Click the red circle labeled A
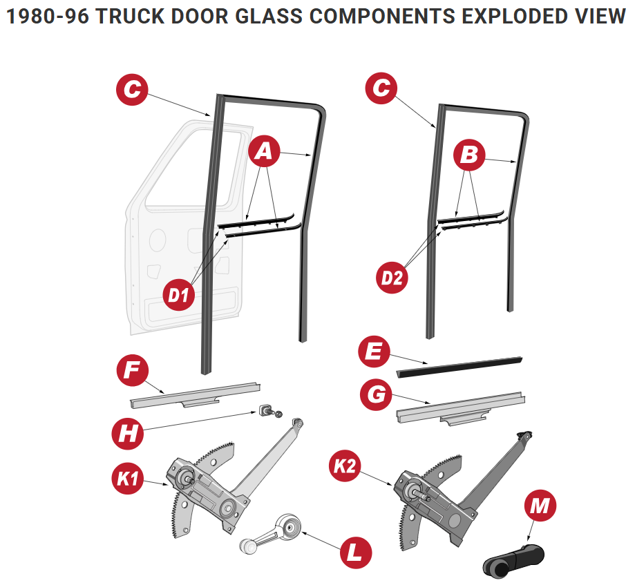click(264, 153)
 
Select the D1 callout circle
click(179, 296)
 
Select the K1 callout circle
click(127, 479)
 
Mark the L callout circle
click(355, 552)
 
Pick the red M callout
click(540, 507)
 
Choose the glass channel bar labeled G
click(460, 407)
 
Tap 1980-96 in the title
click(47, 17)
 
